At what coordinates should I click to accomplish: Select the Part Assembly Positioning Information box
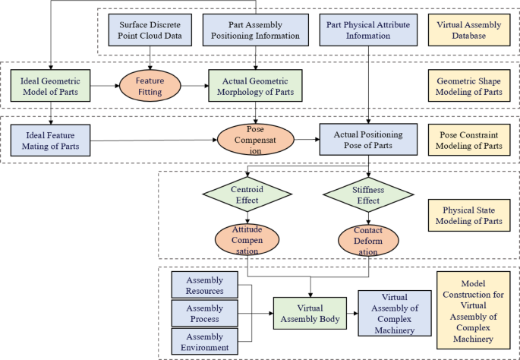point(254,30)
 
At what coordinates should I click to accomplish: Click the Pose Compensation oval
point(256,140)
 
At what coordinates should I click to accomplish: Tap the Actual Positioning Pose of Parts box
point(368,139)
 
